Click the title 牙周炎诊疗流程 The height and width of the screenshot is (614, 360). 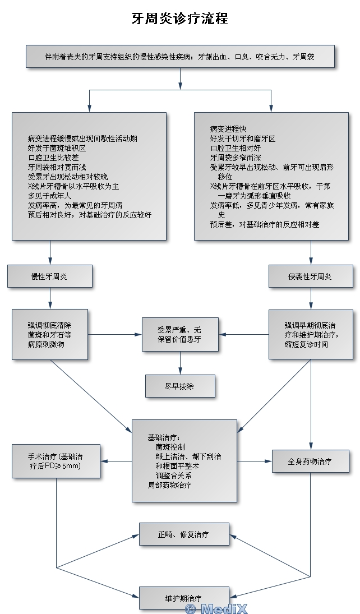(x=179, y=18)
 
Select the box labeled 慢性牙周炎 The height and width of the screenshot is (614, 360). (x=49, y=276)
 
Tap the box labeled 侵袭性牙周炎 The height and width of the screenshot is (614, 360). (x=310, y=276)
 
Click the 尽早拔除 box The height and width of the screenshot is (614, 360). (x=180, y=386)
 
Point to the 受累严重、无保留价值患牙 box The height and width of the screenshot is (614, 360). (x=180, y=335)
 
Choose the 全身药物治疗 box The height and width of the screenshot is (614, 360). (x=310, y=461)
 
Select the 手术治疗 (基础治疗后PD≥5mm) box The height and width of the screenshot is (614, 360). (x=56, y=461)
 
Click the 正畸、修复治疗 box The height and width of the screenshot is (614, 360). (x=184, y=534)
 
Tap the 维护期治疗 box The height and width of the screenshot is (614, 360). (x=184, y=598)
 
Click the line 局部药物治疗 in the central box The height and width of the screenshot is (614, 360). (x=169, y=485)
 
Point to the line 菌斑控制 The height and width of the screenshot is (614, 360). (x=170, y=447)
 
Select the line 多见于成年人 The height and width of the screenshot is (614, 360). (x=50, y=196)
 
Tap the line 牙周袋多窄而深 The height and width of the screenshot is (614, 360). (x=236, y=157)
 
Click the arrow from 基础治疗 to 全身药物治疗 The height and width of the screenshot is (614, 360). (x=254, y=461)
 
